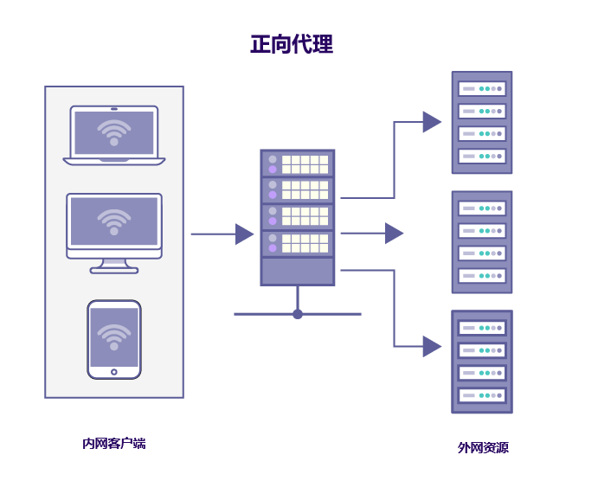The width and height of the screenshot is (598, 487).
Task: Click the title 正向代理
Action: pos(292,44)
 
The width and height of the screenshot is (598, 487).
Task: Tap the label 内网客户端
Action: pos(113,444)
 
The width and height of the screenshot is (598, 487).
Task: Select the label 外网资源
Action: pos(483,448)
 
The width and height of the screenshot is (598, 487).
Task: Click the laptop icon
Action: pos(114,135)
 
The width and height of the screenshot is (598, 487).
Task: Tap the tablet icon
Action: pos(114,339)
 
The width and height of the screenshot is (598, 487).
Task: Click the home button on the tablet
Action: pos(114,372)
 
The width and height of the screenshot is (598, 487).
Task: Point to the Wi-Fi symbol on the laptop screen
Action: pos(114,131)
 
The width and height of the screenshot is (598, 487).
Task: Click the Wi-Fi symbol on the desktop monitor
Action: pos(114,221)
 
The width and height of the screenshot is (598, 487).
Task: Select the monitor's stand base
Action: pos(114,270)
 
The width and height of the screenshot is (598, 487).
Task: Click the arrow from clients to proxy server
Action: pos(221,234)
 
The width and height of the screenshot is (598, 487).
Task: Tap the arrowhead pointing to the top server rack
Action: pos(431,122)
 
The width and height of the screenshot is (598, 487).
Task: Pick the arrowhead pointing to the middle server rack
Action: pos(394,233)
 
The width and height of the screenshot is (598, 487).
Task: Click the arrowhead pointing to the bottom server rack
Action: pos(431,346)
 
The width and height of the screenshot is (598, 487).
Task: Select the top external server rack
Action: pos(482,122)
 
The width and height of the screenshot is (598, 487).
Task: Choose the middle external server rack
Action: pos(482,242)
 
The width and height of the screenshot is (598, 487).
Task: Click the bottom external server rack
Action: pos(482,362)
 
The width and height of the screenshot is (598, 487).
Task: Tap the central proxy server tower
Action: pos(298,217)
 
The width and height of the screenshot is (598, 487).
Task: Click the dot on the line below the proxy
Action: pos(298,314)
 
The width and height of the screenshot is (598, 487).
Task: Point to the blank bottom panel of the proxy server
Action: pos(298,271)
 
